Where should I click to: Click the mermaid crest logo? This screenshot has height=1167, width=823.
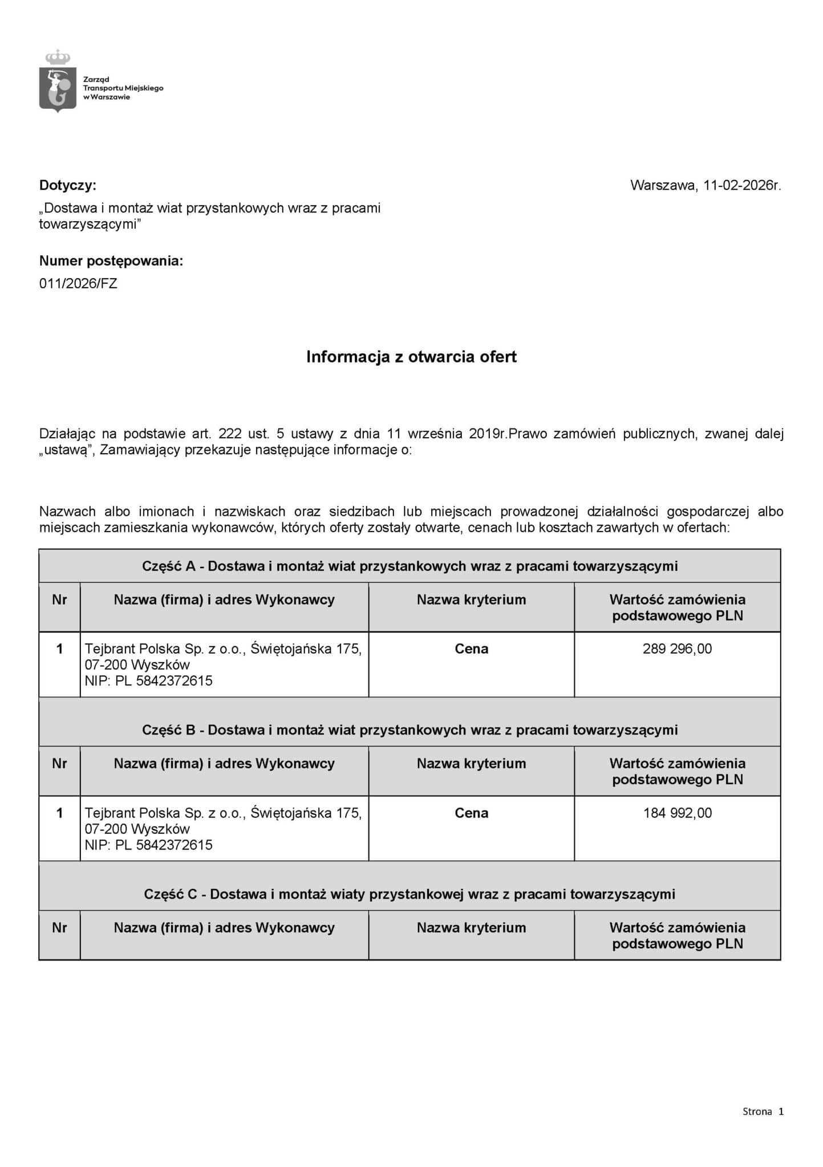pos(58,83)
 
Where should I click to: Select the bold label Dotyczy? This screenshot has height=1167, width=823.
pos(68,185)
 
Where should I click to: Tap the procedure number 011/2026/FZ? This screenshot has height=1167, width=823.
pos(78,283)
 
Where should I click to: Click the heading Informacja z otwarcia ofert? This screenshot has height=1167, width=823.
pos(411,357)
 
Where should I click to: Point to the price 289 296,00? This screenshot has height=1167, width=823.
pos(677,649)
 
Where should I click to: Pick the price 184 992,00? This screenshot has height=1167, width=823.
pos(677,813)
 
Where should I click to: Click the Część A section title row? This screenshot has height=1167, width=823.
pos(410,566)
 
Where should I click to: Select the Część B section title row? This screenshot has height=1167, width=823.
pos(410,730)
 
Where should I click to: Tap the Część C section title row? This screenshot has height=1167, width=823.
pos(410,894)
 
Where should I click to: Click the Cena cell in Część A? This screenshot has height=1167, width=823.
pos(471,649)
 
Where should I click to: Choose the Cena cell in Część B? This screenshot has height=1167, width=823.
pos(471,813)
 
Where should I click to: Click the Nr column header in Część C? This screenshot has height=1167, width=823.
pos(59,928)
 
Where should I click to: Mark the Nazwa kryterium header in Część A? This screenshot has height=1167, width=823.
pos(471,599)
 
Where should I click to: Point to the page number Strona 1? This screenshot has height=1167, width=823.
pos(763,1111)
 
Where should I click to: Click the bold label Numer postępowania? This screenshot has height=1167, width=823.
pos(111,261)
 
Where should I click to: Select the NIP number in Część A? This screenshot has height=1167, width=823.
pos(148,681)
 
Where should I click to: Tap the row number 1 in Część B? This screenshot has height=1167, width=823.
pos(59,813)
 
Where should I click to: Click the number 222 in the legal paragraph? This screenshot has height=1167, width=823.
pos(230,434)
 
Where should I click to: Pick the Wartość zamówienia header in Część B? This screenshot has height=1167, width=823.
pos(677,771)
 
